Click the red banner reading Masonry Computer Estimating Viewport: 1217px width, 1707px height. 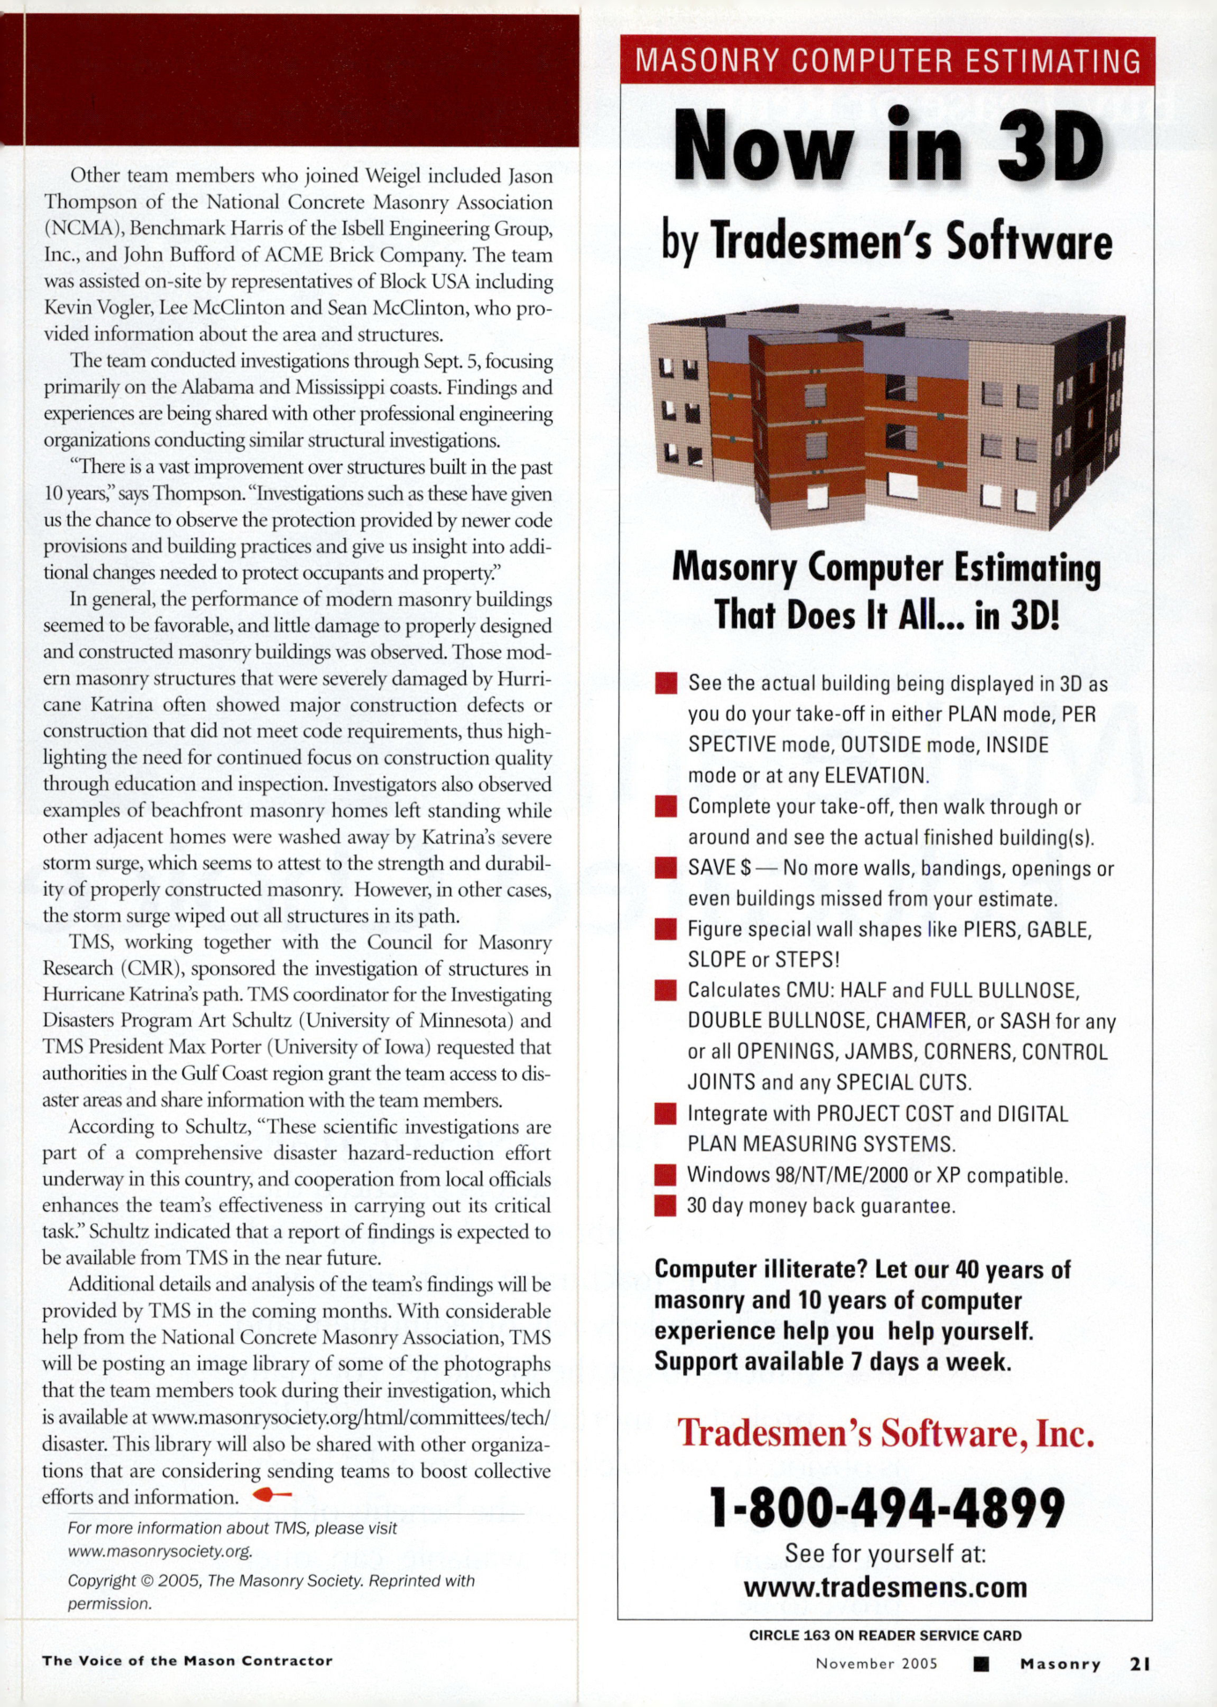click(887, 61)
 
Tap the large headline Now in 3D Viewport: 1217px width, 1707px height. click(887, 146)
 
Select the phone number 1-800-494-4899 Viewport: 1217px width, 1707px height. click(887, 1508)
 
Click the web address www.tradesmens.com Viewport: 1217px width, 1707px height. click(886, 1586)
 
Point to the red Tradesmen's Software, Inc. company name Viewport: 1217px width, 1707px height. click(886, 1434)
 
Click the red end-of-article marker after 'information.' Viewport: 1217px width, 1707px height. click(271, 1495)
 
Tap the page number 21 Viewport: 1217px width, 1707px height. click(1140, 1664)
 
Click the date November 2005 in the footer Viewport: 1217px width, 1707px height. click(876, 1664)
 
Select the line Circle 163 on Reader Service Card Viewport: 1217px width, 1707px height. click(885, 1636)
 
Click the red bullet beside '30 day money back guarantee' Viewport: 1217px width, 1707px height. click(666, 1205)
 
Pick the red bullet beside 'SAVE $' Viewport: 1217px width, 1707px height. click(666, 868)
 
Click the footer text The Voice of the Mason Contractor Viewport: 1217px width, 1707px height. click(187, 1661)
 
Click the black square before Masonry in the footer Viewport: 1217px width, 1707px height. click(982, 1664)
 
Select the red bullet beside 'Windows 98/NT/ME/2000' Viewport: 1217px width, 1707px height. click(666, 1175)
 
